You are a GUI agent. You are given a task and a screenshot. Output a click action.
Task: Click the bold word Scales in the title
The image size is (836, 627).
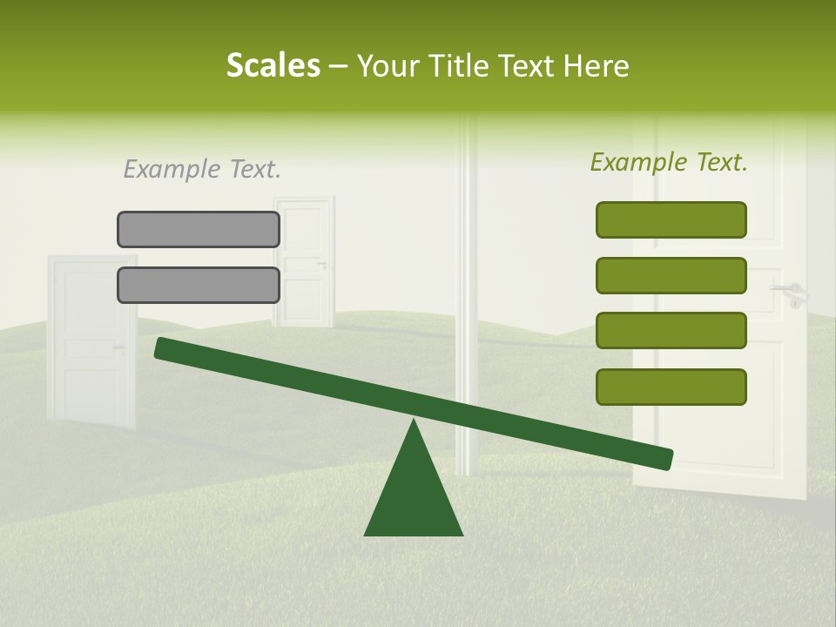273,66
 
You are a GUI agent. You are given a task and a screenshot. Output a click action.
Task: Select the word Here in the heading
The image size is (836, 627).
596,66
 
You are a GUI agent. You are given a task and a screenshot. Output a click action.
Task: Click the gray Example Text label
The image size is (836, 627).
202,169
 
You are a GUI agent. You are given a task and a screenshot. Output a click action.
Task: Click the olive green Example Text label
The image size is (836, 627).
669,162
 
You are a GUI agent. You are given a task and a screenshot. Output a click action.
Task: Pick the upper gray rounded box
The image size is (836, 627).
199,229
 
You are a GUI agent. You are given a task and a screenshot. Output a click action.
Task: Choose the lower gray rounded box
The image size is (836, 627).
199,285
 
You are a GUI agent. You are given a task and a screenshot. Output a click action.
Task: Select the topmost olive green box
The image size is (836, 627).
671,219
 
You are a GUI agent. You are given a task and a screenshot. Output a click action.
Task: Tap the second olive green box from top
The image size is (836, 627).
671,275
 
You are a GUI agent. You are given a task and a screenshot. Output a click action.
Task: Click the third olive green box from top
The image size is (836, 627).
671,331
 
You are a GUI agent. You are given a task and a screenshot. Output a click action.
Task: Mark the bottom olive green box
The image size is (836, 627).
671,387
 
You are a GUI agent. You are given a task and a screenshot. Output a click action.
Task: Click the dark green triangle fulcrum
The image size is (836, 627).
414,496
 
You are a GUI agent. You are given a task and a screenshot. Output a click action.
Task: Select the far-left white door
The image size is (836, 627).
90,340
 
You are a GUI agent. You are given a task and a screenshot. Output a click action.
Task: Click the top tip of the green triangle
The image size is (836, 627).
414,421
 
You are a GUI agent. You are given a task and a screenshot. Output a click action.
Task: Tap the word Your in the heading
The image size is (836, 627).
388,66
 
